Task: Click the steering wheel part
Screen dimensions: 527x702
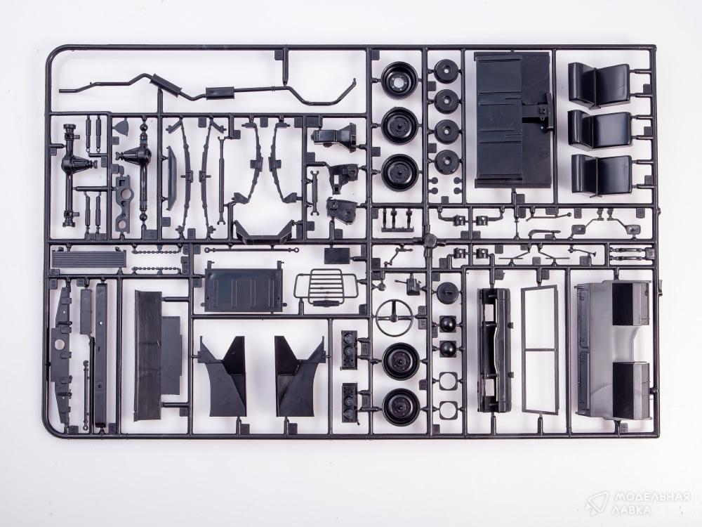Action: pos(395,317)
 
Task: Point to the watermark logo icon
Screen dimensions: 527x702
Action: pos(598,502)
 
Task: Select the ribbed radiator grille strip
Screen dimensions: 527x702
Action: pos(89,259)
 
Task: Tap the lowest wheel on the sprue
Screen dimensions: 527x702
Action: pos(401,405)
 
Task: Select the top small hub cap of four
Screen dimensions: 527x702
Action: pos(446,71)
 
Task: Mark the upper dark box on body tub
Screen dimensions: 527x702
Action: pos(631,303)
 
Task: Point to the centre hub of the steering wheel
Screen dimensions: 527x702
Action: pos(395,317)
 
